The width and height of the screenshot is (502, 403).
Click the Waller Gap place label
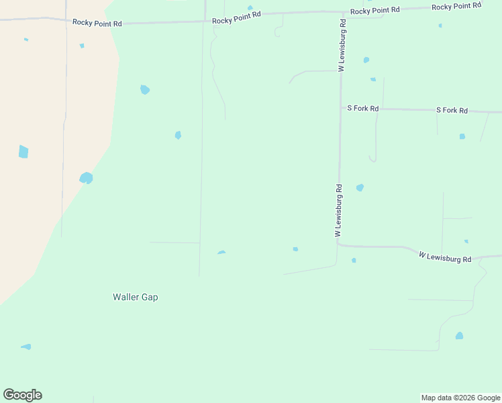pyautogui.click(x=135, y=297)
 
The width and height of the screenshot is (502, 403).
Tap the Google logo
pyautogui.click(x=22, y=395)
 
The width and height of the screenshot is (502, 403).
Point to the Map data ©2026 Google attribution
pyautogui.click(x=461, y=398)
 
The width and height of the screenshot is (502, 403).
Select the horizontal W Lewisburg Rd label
pyautogui.click(x=445, y=257)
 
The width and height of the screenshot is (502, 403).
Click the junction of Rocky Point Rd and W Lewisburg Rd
pyautogui.click(x=342, y=13)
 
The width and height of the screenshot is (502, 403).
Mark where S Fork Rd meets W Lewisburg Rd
pyautogui.click(x=341, y=107)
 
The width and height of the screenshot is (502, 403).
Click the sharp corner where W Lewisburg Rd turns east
pyautogui.click(x=338, y=244)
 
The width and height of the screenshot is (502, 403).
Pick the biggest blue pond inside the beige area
pyautogui.click(x=23, y=152)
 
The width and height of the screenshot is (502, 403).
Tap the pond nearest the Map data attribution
pyautogui.click(x=459, y=335)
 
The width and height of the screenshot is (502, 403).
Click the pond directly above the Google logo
pyautogui.click(x=26, y=347)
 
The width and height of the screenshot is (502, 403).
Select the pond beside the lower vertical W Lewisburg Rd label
pyautogui.click(x=360, y=187)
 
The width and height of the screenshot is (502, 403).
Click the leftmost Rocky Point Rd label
pyautogui.click(x=97, y=23)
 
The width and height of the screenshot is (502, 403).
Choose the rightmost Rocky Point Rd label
pyautogui.click(x=456, y=7)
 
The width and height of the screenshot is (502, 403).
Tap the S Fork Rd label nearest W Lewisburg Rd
pyautogui.click(x=362, y=108)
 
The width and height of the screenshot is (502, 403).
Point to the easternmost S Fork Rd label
pyautogui.click(x=452, y=110)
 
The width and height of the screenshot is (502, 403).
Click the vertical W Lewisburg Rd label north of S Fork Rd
pyautogui.click(x=342, y=45)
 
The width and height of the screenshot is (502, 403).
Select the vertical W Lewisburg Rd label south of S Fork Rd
pyautogui.click(x=339, y=210)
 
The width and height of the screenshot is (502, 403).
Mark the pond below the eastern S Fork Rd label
pyautogui.click(x=462, y=136)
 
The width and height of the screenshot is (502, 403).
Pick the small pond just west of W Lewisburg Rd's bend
pyautogui.click(x=295, y=249)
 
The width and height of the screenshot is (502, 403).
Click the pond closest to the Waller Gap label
pyautogui.click(x=221, y=253)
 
